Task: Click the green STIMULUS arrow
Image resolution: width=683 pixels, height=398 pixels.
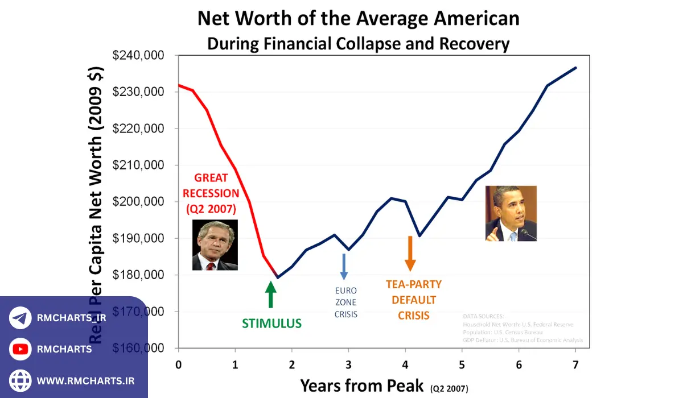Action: [x=271, y=295]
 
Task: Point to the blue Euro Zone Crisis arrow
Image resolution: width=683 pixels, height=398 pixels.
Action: [x=344, y=266]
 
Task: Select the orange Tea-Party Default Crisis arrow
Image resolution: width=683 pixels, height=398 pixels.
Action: [x=410, y=254]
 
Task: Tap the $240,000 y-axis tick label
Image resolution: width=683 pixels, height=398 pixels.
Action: [x=138, y=56]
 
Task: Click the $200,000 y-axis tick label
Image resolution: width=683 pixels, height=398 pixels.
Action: [x=138, y=202]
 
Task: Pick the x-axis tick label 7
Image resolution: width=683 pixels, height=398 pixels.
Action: [x=575, y=364]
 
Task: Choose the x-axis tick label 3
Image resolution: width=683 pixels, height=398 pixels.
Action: [x=348, y=364]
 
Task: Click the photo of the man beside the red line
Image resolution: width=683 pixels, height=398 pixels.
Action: [x=215, y=244]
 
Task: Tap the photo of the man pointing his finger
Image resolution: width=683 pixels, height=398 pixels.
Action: [x=511, y=213]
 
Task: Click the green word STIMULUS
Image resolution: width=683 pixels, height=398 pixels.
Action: [x=271, y=324]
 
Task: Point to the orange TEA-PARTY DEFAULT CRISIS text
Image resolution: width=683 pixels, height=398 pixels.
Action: [x=413, y=300]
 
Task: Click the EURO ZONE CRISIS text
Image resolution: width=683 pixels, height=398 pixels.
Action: [x=346, y=302]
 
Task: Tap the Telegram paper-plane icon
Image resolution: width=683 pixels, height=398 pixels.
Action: [x=20, y=318]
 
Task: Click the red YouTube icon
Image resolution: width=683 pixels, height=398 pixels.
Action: [x=20, y=349]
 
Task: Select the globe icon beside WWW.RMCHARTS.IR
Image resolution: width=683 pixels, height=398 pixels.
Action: [x=20, y=380]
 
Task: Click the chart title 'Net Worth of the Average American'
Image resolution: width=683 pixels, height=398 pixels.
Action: [x=358, y=19]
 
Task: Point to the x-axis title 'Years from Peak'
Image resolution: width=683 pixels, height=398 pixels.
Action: [x=362, y=385]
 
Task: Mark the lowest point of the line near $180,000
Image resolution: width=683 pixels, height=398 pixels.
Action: [x=277, y=277]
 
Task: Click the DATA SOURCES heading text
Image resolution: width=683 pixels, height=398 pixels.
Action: [x=483, y=316]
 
